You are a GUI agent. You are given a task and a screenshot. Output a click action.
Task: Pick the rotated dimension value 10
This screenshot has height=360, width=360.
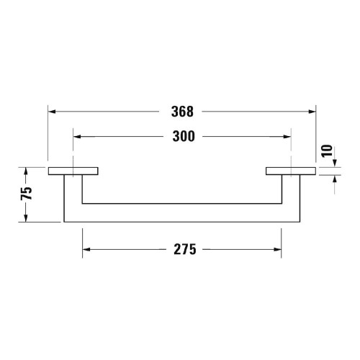328,151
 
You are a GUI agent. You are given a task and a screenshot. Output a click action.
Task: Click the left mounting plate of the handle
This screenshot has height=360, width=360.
73,171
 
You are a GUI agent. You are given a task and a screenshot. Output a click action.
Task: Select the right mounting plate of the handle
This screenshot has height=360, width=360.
290,171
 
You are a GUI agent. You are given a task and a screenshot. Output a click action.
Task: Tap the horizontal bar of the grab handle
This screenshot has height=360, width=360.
181,213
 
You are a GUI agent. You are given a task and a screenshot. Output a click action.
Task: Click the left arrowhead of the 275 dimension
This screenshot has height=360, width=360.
86,250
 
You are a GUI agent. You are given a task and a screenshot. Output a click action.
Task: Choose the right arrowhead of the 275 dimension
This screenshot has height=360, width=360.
278,250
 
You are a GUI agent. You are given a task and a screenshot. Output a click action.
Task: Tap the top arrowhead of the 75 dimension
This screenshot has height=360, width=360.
27,171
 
